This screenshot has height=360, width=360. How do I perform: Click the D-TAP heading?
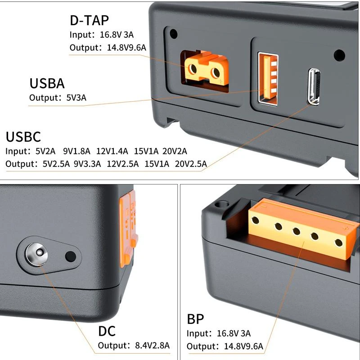[x=90, y=20]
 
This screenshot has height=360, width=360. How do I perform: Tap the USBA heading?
[x=47, y=84]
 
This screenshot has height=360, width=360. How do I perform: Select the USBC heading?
[x=23, y=137]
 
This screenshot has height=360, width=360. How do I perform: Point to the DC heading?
[x=107, y=331]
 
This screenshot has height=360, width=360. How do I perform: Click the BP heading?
[x=195, y=319]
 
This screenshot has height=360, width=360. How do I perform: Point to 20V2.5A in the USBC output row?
[x=191, y=164]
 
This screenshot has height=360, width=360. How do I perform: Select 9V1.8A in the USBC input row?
[x=77, y=151]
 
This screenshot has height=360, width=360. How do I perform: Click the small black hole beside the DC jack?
[x=70, y=256]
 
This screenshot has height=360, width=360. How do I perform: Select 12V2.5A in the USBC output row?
[x=122, y=164]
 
